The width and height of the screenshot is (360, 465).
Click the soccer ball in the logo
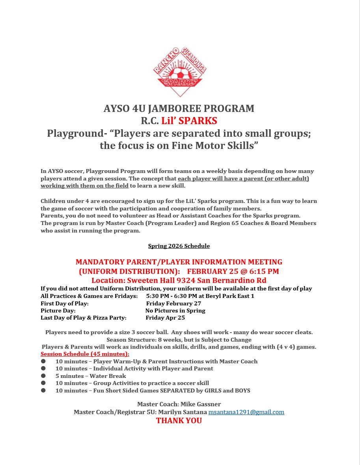click(181, 74)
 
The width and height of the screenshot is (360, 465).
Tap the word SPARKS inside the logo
click(181, 82)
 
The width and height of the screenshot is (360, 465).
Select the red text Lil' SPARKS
click(189, 121)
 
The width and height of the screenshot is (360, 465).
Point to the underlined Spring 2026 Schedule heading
click(179, 246)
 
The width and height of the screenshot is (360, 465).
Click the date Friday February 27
click(173, 303)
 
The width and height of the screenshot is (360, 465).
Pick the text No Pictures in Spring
click(175, 311)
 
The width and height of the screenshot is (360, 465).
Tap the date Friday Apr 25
click(165, 318)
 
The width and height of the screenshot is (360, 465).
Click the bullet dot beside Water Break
click(43, 376)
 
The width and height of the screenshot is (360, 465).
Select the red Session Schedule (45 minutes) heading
click(85, 354)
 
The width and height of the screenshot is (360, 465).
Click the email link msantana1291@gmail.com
click(246, 412)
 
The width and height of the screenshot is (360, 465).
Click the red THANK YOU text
click(179, 421)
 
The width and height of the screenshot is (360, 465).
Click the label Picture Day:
click(58, 311)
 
